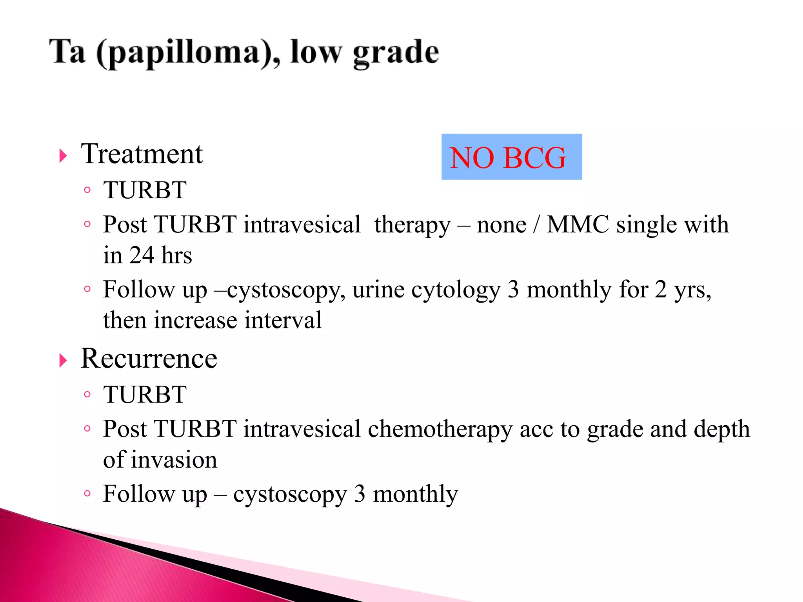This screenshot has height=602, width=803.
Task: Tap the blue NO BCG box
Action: tap(511, 157)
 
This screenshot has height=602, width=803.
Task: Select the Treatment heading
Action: tap(142, 154)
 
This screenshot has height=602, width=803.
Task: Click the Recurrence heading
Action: tap(149, 358)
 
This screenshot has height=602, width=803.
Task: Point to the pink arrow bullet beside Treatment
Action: tap(63, 156)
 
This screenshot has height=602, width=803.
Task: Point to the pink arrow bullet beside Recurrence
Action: tap(63, 360)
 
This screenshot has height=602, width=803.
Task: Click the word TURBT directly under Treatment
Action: tap(145, 190)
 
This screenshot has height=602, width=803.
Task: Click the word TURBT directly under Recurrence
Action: tap(145, 395)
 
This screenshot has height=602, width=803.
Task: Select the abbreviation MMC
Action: tap(578, 225)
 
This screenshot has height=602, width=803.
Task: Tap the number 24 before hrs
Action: tap(142, 256)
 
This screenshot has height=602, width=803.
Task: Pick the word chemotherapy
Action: tap(440, 429)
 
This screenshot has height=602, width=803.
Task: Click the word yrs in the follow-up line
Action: tap(692, 290)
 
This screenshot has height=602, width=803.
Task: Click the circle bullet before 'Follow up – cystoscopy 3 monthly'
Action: tap(87, 493)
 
